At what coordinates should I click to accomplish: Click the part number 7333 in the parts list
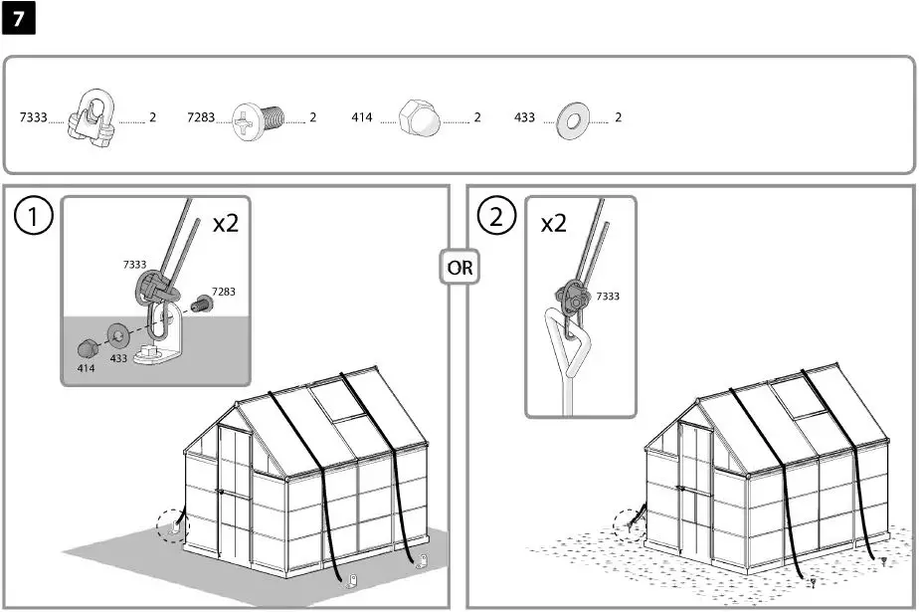(x=33, y=117)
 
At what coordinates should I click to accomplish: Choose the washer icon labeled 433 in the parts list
(x=574, y=117)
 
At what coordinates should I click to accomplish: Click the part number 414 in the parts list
(x=362, y=117)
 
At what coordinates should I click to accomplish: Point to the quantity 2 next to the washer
(x=619, y=117)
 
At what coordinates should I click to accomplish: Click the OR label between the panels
(x=459, y=268)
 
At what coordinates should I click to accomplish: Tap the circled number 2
(x=496, y=217)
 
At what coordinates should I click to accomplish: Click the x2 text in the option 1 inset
(x=226, y=222)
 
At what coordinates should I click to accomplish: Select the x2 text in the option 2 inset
(x=553, y=223)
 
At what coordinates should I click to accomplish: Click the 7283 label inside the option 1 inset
(x=223, y=292)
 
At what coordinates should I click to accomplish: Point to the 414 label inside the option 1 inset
(x=87, y=368)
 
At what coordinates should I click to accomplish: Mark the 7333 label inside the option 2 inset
(x=608, y=297)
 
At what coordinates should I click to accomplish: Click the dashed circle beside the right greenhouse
(x=630, y=523)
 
